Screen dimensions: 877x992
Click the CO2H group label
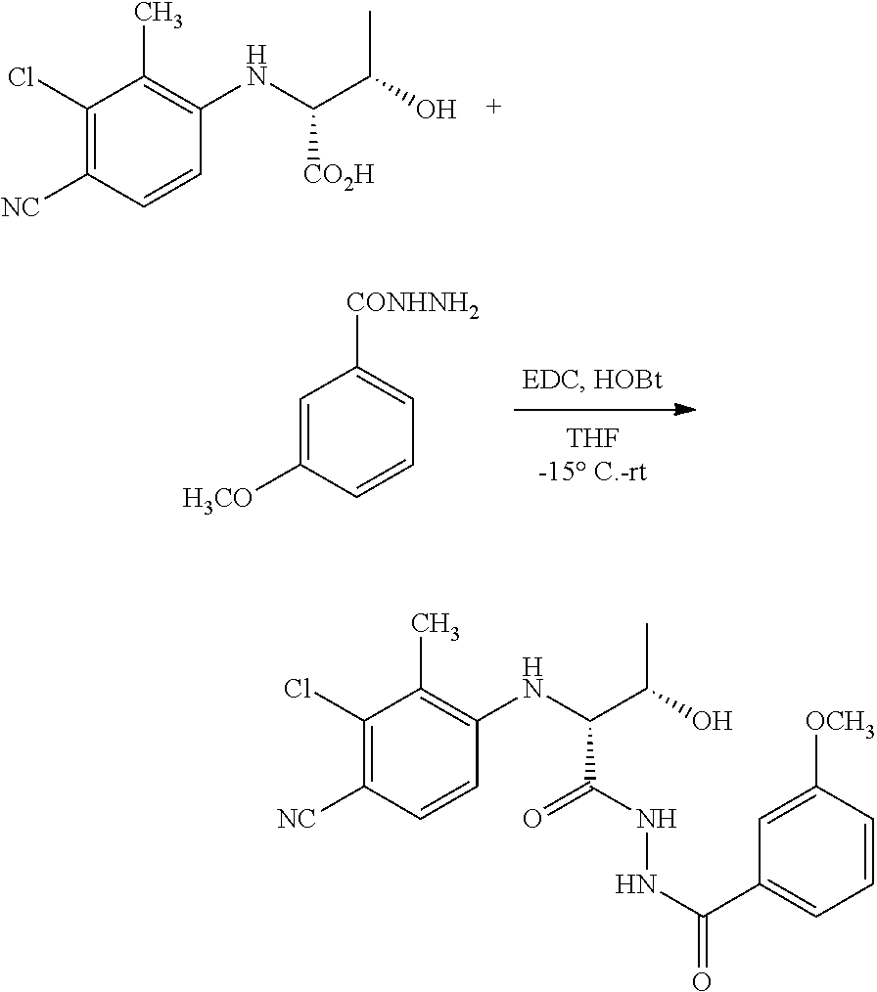click(x=340, y=175)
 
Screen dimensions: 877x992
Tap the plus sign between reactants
click(x=493, y=107)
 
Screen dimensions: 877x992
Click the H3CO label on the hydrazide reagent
click(x=217, y=499)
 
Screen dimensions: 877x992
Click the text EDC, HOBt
click(x=592, y=382)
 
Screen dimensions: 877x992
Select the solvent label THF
click(x=592, y=438)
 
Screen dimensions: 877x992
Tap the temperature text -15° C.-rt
click(x=592, y=472)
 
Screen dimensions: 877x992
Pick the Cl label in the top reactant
click(x=22, y=78)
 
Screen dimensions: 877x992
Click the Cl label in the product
click(x=298, y=689)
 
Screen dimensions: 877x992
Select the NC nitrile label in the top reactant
click(x=21, y=207)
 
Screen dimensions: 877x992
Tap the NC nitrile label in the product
click(x=297, y=819)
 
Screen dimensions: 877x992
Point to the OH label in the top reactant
click(x=437, y=111)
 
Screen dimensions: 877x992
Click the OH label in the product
click(x=713, y=721)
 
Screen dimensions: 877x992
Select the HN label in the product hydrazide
click(x=636, y=884)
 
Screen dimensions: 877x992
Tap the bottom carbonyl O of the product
click(x=701, y=981)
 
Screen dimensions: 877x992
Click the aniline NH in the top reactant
click(x=255, y=67)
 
